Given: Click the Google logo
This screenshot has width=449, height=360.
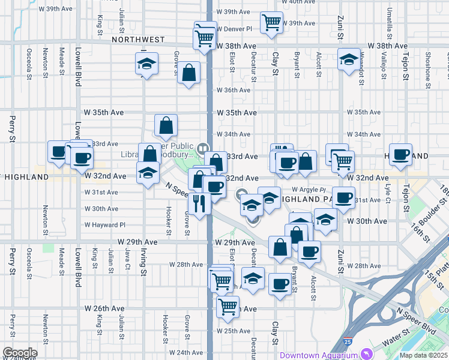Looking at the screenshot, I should pyautogui.click(x=19, y=352).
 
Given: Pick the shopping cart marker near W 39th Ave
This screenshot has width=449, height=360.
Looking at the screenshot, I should pyautogui.click(x=271, y=23).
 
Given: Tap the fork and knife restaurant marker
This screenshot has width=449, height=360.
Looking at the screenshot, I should pyautogui.click(x=199, y=204).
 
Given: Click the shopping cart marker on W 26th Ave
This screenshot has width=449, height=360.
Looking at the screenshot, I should pyautogui.click(x=228, y=307).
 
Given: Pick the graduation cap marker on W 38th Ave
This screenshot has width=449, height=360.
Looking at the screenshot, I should pyautogui.click(x=348, y=59).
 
